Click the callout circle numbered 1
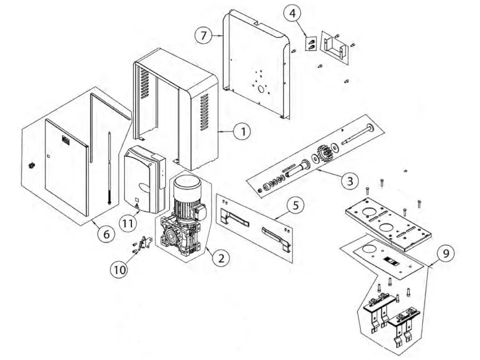242,132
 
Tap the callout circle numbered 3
350,181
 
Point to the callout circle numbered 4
292,13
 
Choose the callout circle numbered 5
295,206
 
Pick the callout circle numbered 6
106,234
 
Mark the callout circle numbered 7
204,36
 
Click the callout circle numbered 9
446,253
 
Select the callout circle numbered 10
120,270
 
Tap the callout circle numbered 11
128,223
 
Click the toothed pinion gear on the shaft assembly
325,154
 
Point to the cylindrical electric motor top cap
187,184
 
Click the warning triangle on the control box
137,207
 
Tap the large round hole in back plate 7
261,89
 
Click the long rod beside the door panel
109,168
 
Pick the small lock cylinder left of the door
31,166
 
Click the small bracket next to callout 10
145,243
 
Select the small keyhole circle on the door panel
48,156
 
